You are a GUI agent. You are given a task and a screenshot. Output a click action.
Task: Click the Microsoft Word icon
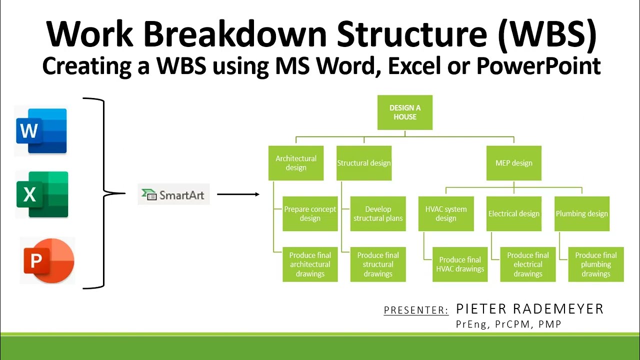[x=41, y=131]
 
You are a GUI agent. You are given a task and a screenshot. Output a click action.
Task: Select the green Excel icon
[x=42, y=194]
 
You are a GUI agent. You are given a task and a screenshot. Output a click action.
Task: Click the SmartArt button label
[x=173, y=194]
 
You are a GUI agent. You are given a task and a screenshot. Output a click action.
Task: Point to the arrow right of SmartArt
[x=238, y=194]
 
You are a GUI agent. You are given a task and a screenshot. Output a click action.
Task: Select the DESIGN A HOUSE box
[x=404, y=112]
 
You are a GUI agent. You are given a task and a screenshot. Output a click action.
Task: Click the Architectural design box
[x=296, y=163]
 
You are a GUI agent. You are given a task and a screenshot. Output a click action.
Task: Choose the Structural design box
[x=364, y=163]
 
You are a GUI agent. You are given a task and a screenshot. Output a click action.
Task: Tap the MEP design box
[x=513, y=163]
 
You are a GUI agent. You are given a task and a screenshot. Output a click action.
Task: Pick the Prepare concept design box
[x=310, y=213]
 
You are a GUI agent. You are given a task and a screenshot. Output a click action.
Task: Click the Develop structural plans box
[x=378, y=213]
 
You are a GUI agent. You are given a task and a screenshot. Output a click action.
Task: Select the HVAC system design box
[x=445, y=213]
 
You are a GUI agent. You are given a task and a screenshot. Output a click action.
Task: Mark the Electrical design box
[x=513, y=213]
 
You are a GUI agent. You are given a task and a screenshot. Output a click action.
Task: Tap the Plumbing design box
[x=582, y=213]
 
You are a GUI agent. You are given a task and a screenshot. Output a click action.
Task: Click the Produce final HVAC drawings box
[x=460, y=264]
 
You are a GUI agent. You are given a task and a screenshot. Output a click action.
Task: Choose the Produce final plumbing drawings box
[x=595, y=264]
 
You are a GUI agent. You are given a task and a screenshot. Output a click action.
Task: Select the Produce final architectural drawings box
[x=310, y=264]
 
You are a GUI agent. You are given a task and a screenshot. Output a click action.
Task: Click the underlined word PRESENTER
[x=416, y=310]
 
